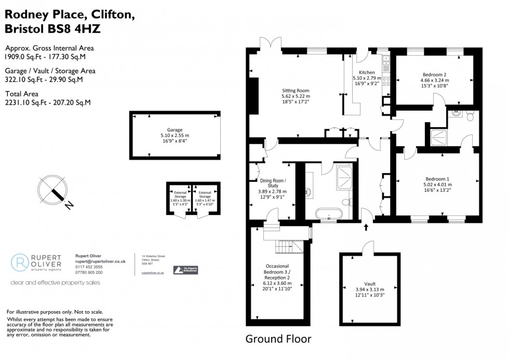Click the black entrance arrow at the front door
pos(367,226)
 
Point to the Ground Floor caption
pos(278,339)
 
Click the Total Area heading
pos(22,94)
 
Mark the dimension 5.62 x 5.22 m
pos(295,96)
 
